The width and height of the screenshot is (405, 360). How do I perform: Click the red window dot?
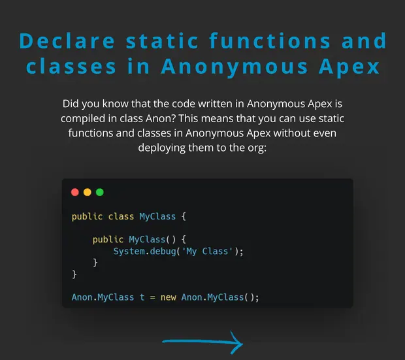[x=75, y=192]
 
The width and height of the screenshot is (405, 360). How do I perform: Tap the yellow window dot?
[x=88, y=192]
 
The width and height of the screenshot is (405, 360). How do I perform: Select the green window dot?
[x=100, y=192]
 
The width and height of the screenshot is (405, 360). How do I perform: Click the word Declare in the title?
[x=67, y=41]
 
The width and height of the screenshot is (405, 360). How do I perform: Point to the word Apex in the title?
[x=349, y=67]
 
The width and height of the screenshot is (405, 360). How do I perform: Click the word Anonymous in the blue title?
[x=235, y=67]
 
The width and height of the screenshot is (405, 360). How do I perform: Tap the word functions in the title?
[x=270, y=41]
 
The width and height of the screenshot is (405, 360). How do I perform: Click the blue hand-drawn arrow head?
[x=236, y=343]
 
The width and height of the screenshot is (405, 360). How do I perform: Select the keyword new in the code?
[x=168, y=297]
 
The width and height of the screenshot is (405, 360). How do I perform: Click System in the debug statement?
[x=129, y=251]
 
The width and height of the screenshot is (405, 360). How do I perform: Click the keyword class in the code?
[x=121, y=216]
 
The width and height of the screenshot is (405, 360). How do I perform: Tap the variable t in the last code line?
[x=142, y=297]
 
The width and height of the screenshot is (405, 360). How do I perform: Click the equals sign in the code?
[x=153, y=298]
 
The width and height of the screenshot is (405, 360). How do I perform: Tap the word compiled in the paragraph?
[x=83, y=119]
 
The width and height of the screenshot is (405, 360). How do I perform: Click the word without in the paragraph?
[x=288, y=133]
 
